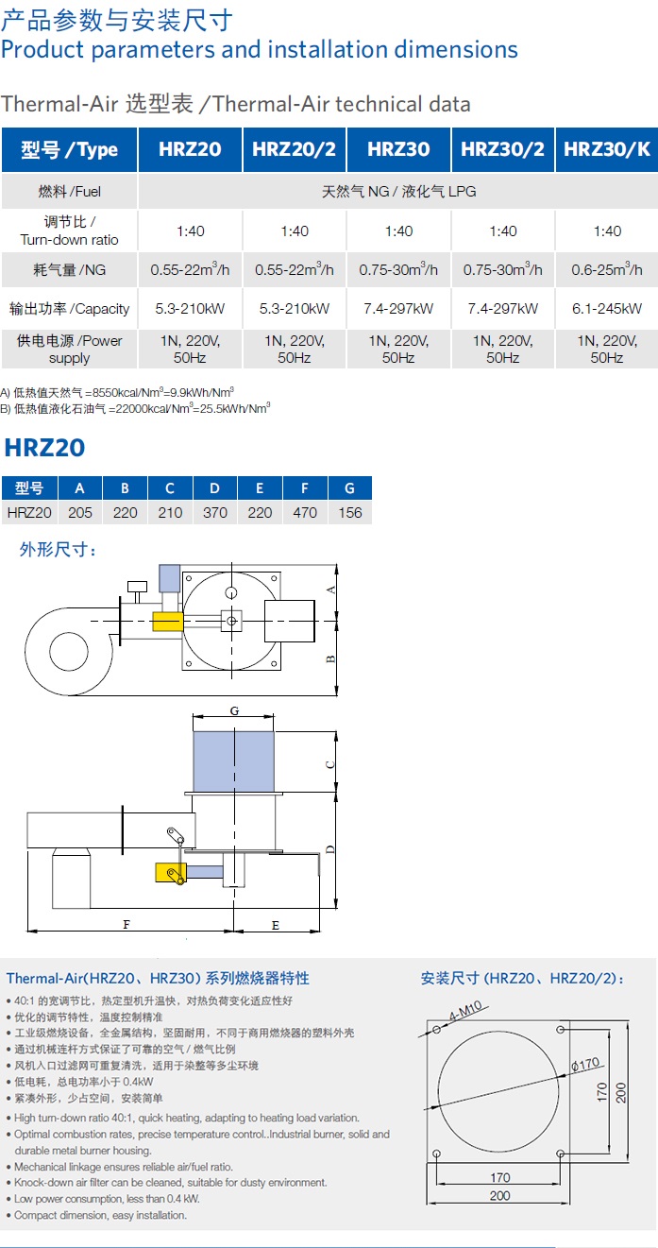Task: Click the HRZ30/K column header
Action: [607, 149]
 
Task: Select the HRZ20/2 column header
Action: [294, 149]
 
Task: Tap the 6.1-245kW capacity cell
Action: [607, 308]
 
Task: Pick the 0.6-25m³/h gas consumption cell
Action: [607, 269]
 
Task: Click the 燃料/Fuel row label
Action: [69, 192]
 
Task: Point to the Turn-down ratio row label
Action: [69, 240]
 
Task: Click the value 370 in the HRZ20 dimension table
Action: [215, 513]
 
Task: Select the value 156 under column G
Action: [350, 513]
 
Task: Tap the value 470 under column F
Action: [305, 513]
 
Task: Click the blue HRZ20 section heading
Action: [44, 448]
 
